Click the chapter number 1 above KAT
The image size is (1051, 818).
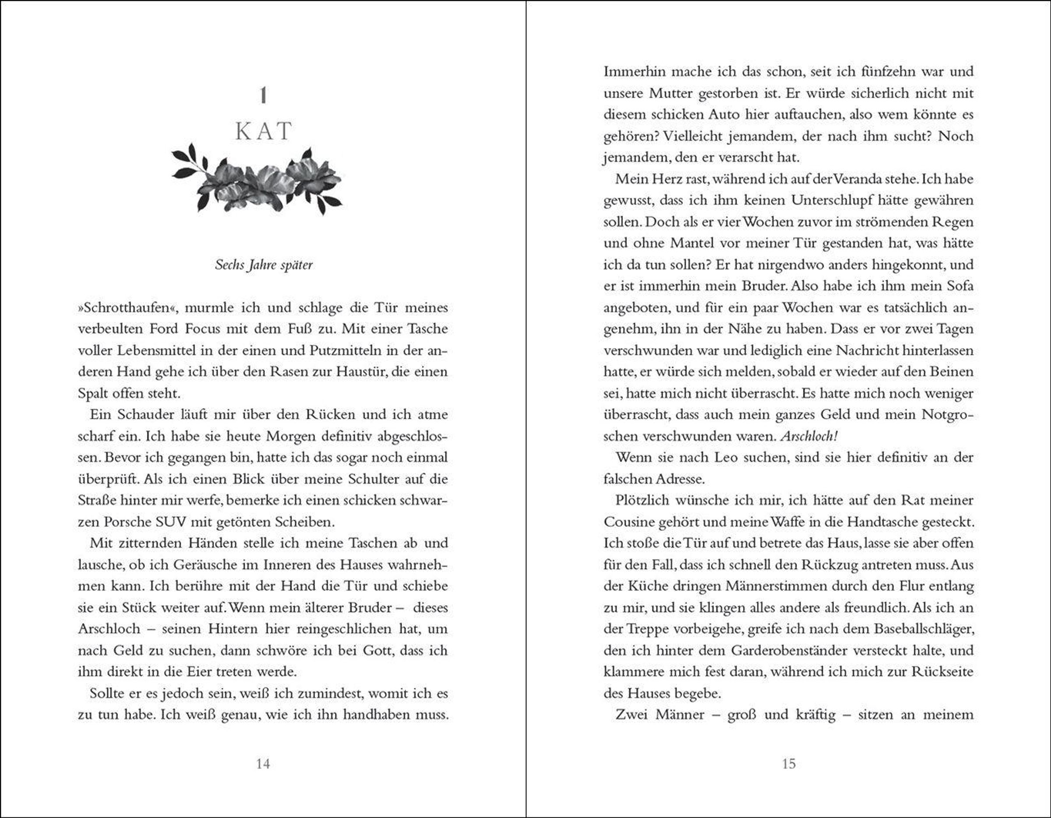(x=263, y=95)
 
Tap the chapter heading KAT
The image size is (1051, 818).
(x=263, y=131)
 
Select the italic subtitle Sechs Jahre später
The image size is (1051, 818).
(x=264, y=264)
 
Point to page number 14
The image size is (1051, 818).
(x=263, y=764)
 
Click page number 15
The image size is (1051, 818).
(x=788, y=764)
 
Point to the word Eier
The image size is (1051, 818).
(x=196, y=672)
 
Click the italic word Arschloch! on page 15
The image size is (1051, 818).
(x=808, y=437)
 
